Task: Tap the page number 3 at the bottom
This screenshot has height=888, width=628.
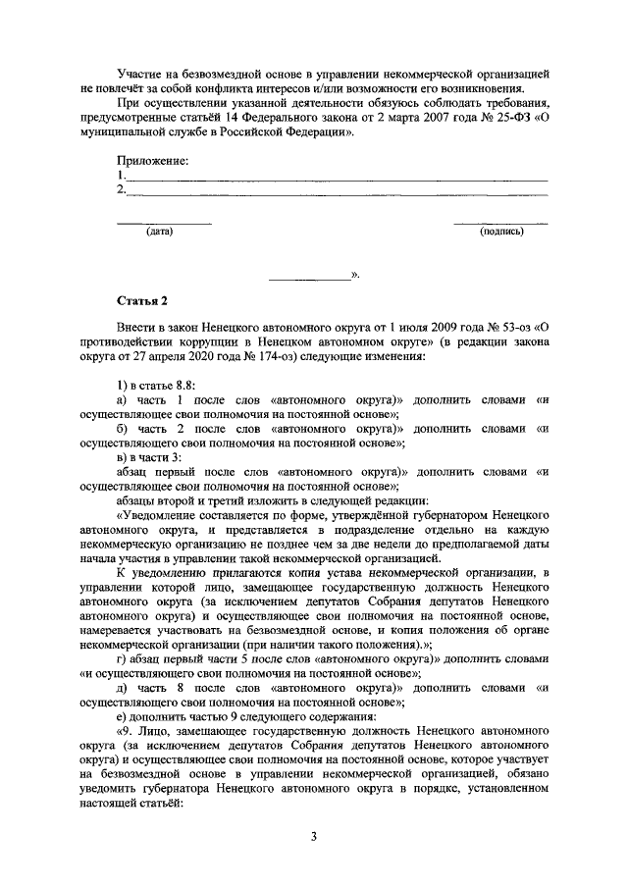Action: click(x=313, y=836)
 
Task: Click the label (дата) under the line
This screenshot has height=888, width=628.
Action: click(x=159, y=233)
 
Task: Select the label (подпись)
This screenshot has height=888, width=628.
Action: click(x=501, y=233)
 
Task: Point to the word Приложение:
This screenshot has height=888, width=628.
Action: click(x=152, y=160)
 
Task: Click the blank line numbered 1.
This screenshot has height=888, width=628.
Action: click(x=334, y=178)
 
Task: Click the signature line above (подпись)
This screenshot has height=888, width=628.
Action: click(x=501, y=223)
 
